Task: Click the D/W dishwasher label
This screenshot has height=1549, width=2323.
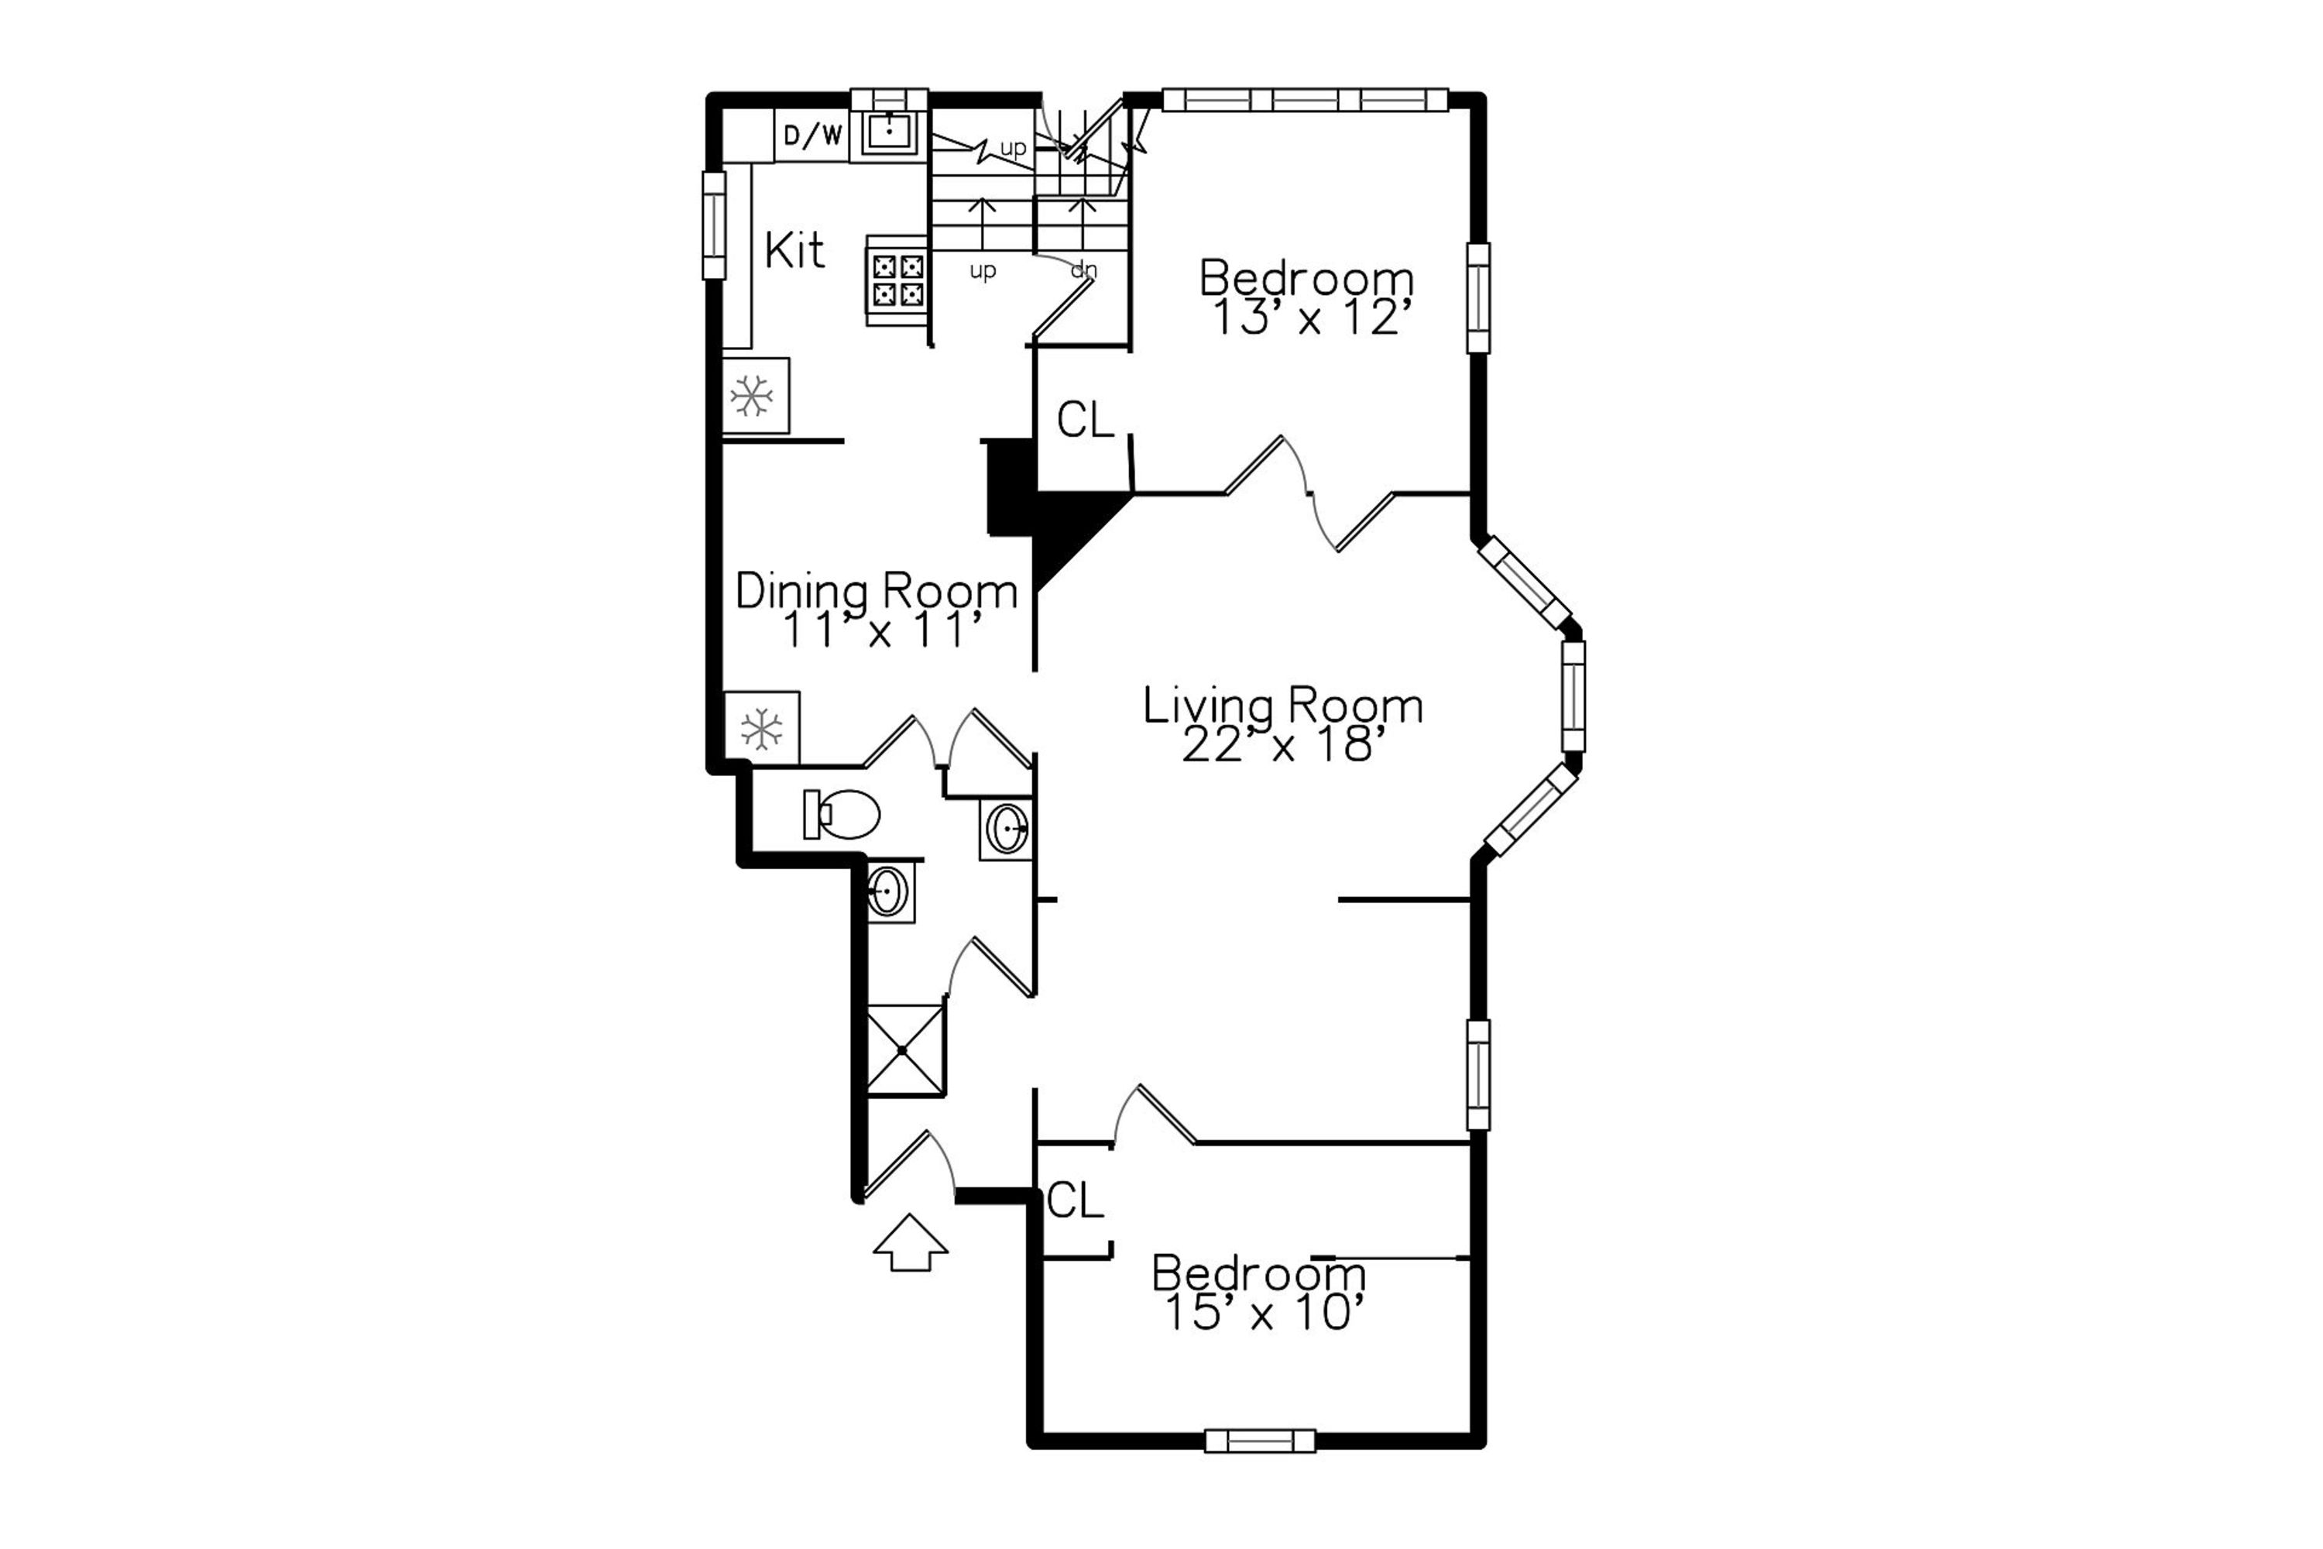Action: pos(813,136)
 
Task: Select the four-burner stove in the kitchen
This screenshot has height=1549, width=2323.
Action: pos(897,280)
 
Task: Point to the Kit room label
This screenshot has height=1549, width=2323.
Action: pos(794,251)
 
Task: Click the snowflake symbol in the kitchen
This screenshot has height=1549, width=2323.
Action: pos(752,396)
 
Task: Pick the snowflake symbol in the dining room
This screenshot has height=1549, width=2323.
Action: pos(761,729)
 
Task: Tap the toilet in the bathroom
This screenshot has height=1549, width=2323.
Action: pos(842,815)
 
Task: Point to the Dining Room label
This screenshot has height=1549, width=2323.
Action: pos(876,592)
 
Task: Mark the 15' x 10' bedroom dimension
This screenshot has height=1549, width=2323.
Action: pos(1265,1314)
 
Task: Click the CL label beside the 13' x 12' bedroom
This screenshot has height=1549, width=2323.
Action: pos(1086,420)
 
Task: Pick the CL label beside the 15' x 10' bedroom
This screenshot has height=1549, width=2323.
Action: pos(1075,1201)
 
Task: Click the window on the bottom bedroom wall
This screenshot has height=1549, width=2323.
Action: pos(1261,1441)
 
